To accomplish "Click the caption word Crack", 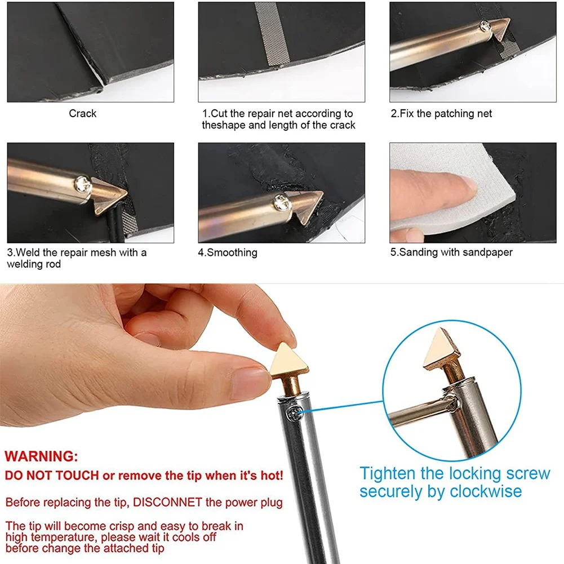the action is (x=83, y=113).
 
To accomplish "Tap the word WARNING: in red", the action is (x=41, y=456).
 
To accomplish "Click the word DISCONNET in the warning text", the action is (x=167, y=502).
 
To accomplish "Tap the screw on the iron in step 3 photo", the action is (x=82, y=184).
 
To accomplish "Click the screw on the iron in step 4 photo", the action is (x=280, y=202).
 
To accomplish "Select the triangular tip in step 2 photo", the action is (x=500, y=29).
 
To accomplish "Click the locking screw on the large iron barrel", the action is (x=294, y=413).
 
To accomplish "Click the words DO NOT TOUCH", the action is (x=52, y=476).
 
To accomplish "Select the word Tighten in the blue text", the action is (x=388, y=474).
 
